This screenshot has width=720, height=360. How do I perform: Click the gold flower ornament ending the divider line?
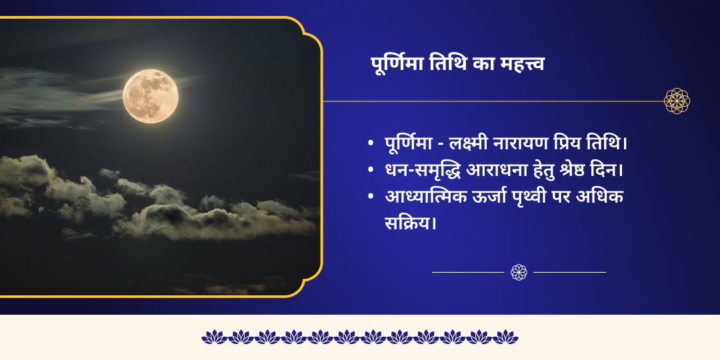677,101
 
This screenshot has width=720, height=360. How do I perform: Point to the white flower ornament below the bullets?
519,272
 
